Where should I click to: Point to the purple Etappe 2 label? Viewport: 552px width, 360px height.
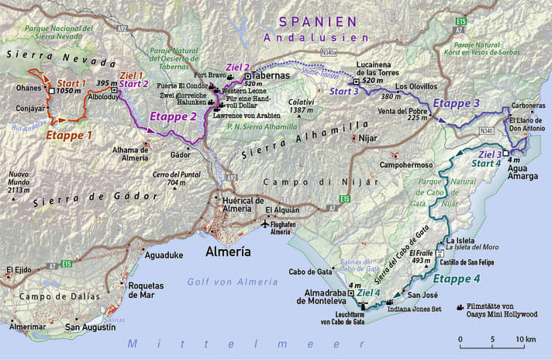point(173,117)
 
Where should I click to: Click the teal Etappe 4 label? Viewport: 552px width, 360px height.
point(456,279)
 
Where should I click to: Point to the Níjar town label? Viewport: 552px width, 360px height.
point(367,140)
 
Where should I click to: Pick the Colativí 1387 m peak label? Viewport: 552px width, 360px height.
point(301,106)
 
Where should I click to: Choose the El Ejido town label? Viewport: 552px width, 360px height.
point(19,270)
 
